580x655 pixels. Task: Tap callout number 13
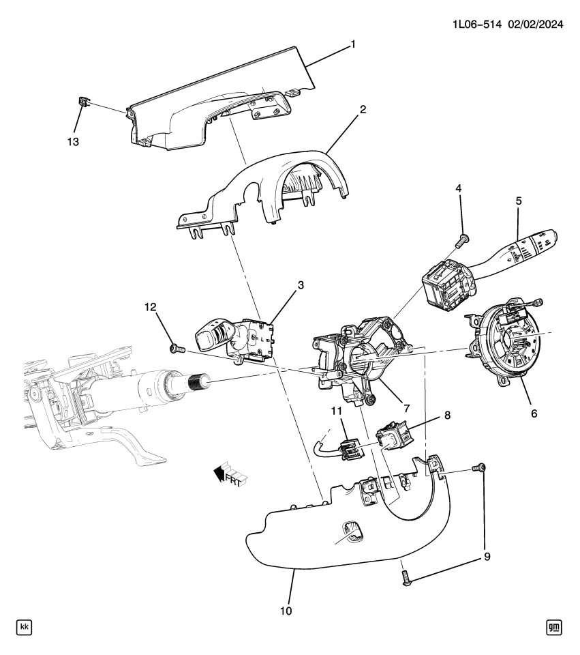[73, 142]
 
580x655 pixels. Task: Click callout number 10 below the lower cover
[286, 611]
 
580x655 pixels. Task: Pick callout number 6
[534, 413]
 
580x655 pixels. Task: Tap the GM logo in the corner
[555, 626]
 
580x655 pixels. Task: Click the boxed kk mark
[24, 626]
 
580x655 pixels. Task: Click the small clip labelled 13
[84, 102]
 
